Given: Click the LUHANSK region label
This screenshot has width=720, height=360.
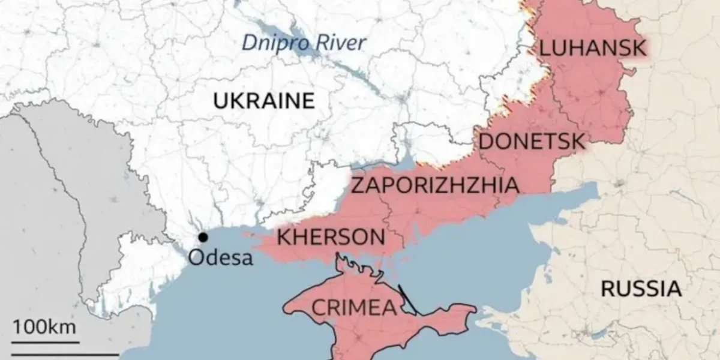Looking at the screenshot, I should pos(592,47).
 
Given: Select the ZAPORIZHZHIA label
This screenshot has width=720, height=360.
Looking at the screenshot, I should pos(435,185).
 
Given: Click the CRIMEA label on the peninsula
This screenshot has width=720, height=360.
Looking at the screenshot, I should pos(354,307).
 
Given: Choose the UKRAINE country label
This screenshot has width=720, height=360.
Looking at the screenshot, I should pos(264,100).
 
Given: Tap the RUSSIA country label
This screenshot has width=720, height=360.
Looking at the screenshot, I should pos(641,289).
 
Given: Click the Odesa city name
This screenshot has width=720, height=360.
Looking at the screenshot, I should pos(220,257).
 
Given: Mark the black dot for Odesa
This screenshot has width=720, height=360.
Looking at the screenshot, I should pos(203,237).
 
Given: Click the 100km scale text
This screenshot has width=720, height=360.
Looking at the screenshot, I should pos(44,328).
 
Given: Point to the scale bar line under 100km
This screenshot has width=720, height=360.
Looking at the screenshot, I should pos(44,342).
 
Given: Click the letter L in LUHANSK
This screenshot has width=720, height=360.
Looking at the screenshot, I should pos(544,47).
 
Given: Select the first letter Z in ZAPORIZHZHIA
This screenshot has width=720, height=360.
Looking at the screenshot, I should pos(356,185).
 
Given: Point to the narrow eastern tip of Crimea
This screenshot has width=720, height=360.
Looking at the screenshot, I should pos(472,310).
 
